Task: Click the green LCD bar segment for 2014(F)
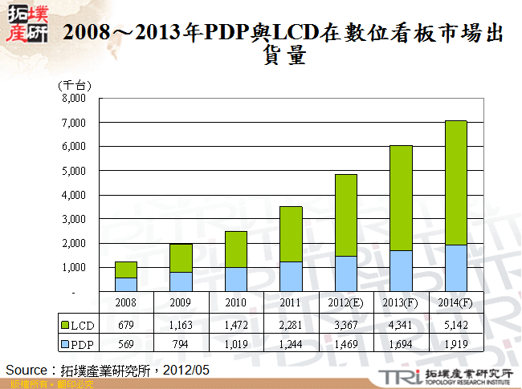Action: coord(455,183)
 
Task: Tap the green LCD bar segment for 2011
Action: coord(291,234)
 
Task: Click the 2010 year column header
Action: coord(236,303)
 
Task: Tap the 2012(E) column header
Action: coord(345,303)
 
